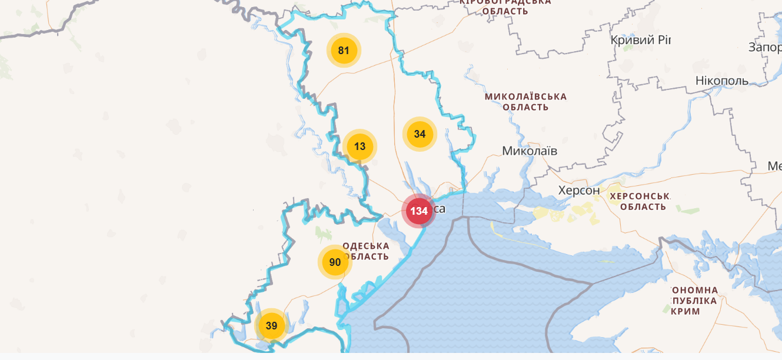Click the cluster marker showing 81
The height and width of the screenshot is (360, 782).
344,51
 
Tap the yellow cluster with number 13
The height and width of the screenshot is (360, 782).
360,146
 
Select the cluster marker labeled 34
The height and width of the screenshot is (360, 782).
420,134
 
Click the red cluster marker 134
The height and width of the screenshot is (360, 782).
419,211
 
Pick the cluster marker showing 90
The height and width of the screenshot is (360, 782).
335,262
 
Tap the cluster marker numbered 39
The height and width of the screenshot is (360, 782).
271,326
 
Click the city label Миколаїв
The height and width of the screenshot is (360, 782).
530,151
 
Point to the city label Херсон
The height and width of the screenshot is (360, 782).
579,191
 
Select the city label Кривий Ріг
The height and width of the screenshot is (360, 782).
640,41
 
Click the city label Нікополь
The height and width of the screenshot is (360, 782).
721,81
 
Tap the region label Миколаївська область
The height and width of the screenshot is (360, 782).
525,102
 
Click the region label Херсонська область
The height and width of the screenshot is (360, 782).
640,201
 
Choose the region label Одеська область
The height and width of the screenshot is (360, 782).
365,251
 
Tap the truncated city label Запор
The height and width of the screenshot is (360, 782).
764,47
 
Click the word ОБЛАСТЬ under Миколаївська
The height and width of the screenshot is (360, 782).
525,108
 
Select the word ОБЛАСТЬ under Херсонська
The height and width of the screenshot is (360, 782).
643,207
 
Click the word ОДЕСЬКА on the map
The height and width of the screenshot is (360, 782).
366,246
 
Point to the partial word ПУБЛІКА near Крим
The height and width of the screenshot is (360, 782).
694,301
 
